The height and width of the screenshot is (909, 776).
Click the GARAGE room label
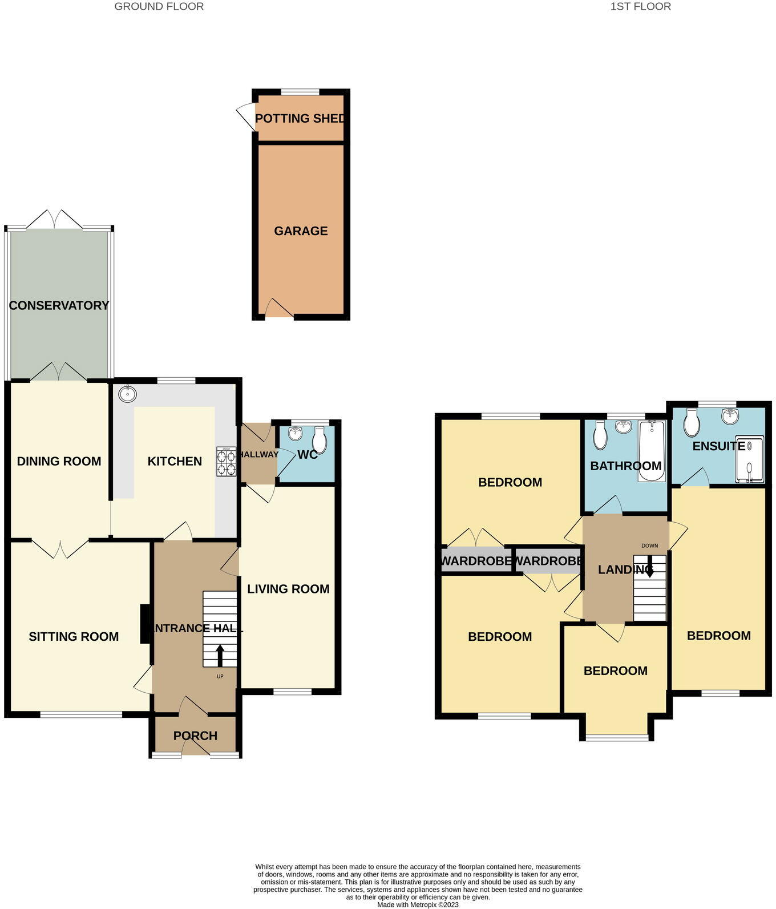click(301, 231)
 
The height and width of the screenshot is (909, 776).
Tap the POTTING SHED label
click(300, 119)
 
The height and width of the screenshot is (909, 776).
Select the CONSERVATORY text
click(59, 305)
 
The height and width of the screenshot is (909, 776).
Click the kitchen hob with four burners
click(226, 462)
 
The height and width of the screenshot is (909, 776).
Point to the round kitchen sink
click(128, 393)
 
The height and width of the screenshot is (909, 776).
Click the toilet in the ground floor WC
click(320, 440)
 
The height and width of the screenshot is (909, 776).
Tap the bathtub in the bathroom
click(652, 451)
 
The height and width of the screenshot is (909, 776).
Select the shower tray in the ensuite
click(749, 460)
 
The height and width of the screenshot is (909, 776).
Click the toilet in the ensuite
click(692, 422)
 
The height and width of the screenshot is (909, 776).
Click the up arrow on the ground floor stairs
click(220, 655)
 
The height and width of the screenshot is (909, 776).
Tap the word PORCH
click(195, 736)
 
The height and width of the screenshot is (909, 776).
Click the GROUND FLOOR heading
click(159, 7)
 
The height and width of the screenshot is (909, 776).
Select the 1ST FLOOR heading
click(640, 7)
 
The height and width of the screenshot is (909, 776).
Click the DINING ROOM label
click(59, 461)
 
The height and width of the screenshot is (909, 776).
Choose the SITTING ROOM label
click(74, 636)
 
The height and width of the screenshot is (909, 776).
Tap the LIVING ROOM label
click(288, 589)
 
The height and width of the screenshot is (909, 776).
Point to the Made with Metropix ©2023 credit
click(418, 904)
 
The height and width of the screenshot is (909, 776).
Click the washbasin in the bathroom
click(624, 426)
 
